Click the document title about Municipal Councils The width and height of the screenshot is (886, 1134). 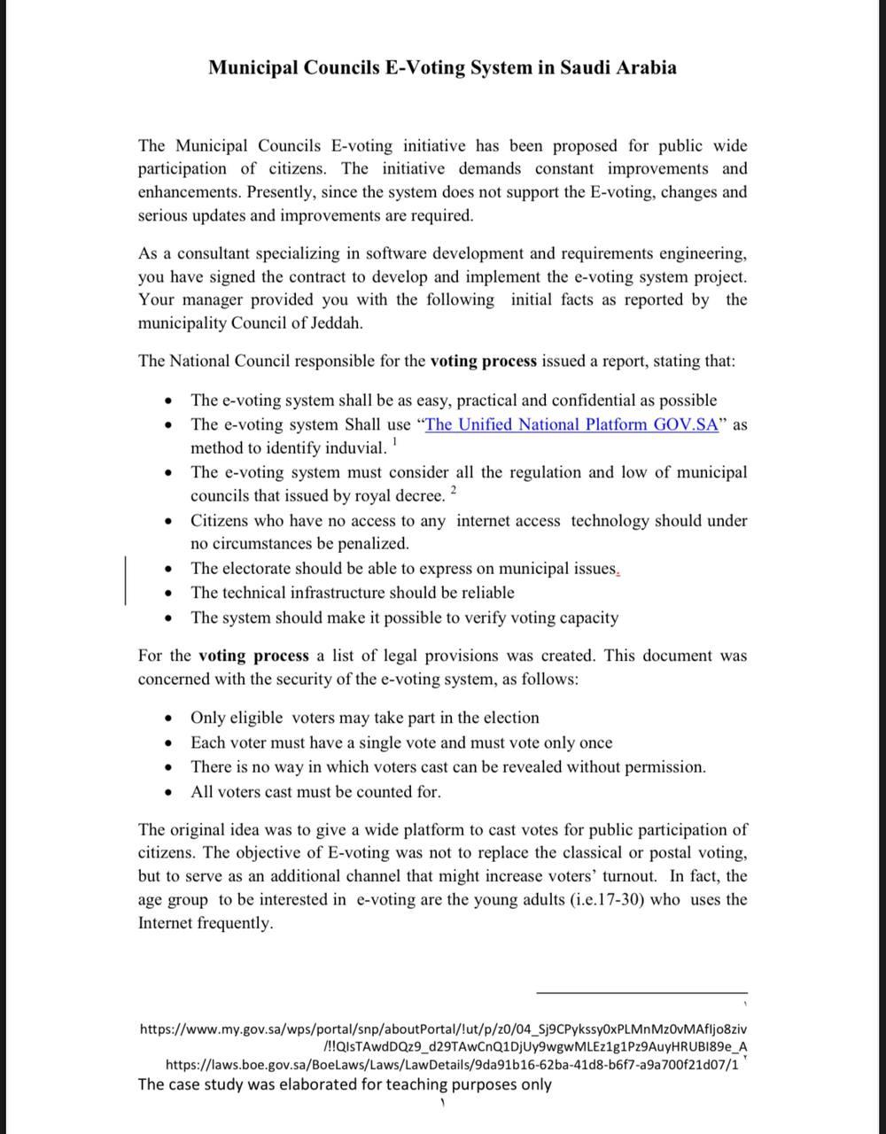[x=442, y=67]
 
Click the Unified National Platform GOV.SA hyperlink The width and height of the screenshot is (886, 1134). [x=571, y=424]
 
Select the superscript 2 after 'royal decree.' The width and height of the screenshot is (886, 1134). [x=454, y=489]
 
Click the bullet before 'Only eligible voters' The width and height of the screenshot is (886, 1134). [x=168, y=718]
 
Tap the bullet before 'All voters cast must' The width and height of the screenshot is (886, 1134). [x=168, y=793]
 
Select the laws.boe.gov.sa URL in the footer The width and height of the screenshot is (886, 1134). [x=452, y=1065]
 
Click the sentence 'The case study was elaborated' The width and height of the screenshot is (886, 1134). [x=345, y=1084]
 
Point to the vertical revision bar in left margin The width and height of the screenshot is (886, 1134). [x=125, y=580]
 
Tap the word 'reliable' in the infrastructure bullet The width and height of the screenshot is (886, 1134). [x=483, y=593]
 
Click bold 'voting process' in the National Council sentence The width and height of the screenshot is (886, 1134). [x=483, y=361]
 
